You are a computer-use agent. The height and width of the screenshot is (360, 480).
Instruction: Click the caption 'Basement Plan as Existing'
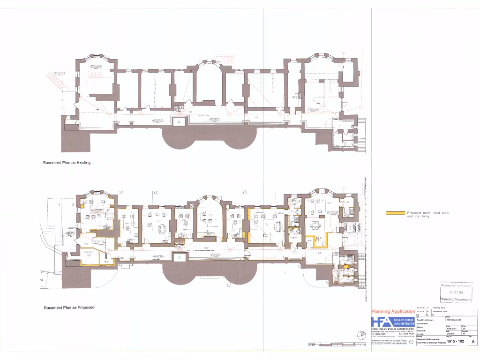67,163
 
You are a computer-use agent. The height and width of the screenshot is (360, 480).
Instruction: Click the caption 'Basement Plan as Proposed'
69,307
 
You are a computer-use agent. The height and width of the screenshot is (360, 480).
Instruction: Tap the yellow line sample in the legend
395,213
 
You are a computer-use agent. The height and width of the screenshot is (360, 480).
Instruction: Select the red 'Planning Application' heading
393,312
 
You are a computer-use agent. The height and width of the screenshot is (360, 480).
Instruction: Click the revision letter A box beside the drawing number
472,342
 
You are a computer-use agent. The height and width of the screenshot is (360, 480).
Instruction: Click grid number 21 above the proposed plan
121,192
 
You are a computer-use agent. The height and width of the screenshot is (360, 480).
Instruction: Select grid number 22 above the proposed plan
155,192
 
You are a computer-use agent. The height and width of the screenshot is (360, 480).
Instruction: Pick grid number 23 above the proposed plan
245,192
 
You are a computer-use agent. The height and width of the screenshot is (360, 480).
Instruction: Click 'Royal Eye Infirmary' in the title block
426,320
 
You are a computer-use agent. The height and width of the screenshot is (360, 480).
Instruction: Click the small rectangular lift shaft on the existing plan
179,122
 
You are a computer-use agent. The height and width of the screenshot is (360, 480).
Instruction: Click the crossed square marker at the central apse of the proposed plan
191,206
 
